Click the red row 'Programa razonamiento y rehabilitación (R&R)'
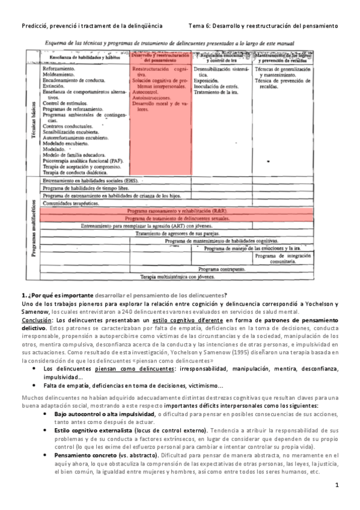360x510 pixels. click(177, 212)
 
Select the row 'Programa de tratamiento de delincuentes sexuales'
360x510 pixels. click(177, 219)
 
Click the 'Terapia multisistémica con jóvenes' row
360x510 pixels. click(177, 277)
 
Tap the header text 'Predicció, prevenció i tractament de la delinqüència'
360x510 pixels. click(92, 26)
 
